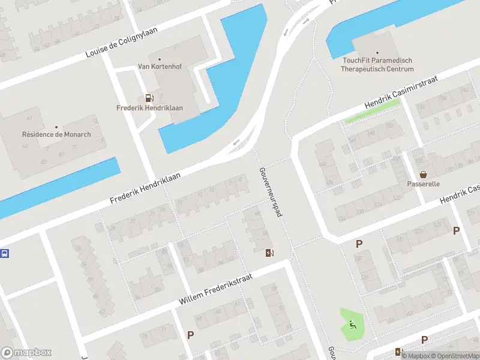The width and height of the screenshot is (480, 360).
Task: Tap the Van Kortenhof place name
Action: (x=160, y=67)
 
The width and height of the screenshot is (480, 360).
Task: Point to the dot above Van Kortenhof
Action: (x=160, y=59)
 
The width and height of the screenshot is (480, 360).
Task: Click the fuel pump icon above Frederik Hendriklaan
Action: (x=149, y=98)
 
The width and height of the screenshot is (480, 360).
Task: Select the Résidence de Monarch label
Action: (x=56, y=134)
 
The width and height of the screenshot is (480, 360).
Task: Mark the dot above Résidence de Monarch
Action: (x=56, y=127)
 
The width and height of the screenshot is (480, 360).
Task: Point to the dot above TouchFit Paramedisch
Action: (x=377, y=53)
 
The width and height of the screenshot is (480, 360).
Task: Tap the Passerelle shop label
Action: (x=424, y=184)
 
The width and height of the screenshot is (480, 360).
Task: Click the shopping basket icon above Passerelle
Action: (x=424, y=175)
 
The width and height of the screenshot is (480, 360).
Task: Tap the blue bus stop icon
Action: (x=4, y=253)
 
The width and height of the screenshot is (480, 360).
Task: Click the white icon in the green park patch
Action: (x=352, y=325)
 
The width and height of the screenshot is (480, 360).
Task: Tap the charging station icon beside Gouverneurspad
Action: (x=269, y=253)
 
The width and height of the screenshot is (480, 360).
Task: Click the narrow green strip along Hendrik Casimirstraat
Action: (x=372, y=112)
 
